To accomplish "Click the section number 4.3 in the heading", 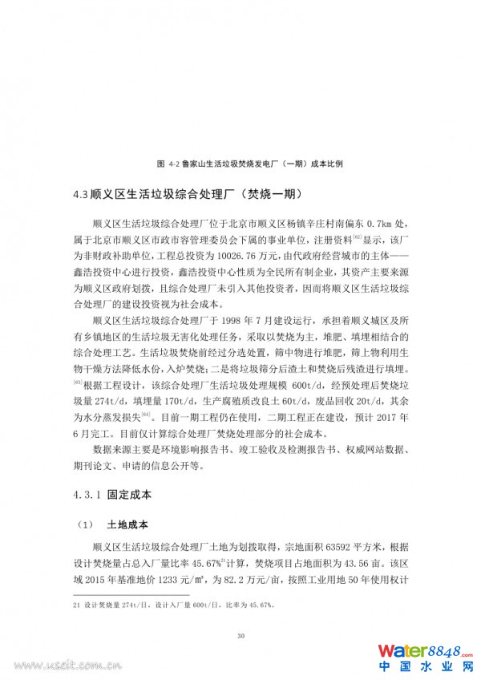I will tap(79, 194).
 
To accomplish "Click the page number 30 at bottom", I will tap(240, 636).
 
